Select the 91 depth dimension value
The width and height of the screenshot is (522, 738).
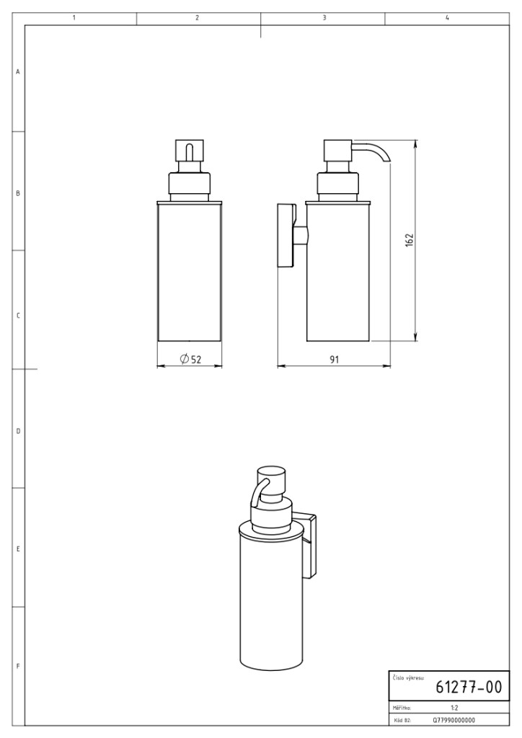334,360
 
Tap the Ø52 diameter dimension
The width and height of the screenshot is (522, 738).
190,359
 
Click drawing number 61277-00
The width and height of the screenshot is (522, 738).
469,687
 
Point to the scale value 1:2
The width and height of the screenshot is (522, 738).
454,708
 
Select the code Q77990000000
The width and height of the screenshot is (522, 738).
454,720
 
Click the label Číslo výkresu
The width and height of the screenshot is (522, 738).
409,677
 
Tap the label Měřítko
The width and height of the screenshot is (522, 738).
402,708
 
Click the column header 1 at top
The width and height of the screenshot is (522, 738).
74,18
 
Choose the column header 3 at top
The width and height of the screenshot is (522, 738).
324,18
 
